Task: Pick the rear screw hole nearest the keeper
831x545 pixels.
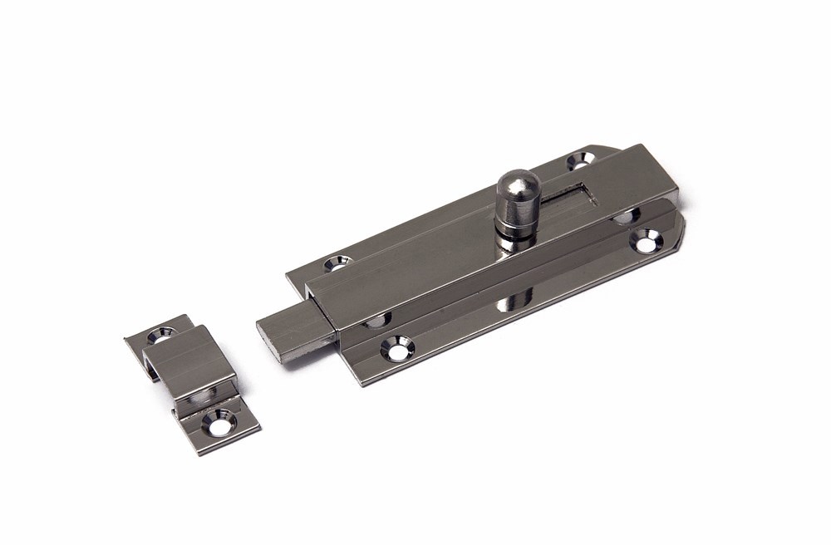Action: pyautogui.click(x=337, y=265)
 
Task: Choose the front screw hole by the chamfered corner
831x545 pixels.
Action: pyautogui.click(x=646, y=242)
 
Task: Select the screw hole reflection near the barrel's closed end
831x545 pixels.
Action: pyautogui.click(x=625, y=218)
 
